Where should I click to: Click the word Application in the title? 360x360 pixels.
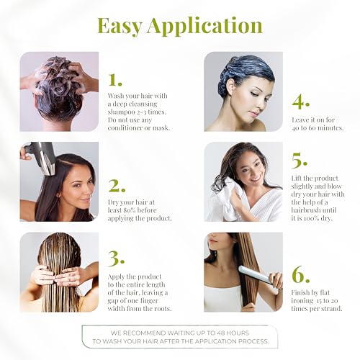click(x=206, y=27)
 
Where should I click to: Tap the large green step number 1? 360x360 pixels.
click(x=116, y=78)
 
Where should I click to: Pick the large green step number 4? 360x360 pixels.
click(x=301, y=101)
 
